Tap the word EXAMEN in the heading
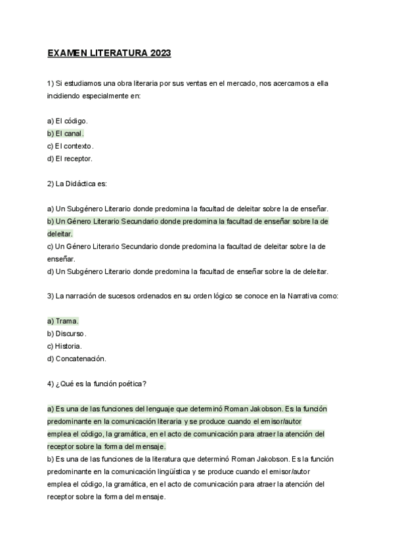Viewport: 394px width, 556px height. [66, 53]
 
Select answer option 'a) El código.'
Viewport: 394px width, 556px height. [68, 121]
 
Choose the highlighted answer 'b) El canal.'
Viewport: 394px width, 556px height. [66, 134]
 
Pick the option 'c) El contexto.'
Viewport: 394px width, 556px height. [71, 146]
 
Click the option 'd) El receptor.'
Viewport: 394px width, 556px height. [70, 159]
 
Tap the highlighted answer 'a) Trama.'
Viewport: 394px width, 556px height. [63, 321]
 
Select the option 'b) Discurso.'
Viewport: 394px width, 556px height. [67, 334]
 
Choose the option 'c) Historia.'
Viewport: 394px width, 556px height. [65, 346]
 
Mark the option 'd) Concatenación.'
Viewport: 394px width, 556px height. [77, 359]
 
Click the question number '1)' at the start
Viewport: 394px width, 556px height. [51, 83]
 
